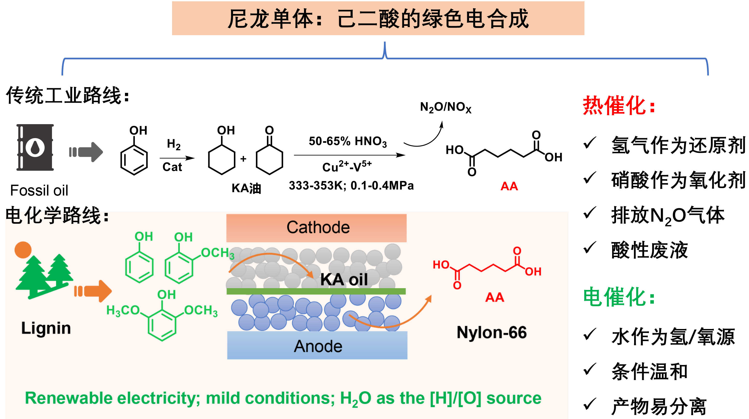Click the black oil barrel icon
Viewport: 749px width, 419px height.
[35, 147]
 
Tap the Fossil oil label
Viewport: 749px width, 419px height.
[39, 190]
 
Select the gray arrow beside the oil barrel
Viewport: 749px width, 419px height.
[86, 152]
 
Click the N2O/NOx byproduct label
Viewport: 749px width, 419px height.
[446, 108]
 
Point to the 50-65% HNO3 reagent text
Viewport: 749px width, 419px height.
[347, 141]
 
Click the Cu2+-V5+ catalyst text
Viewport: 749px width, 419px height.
[347, 167]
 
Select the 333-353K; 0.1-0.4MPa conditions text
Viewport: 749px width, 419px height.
[351, 185]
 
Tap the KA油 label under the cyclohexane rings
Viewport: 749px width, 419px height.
[246, 188]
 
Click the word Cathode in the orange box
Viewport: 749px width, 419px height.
[318, 227]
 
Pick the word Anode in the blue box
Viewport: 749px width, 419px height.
[318, 346]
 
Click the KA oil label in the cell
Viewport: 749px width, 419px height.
[344, 279]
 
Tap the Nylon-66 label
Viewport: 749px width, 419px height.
[491, 332]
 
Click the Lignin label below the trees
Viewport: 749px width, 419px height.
[46, 328]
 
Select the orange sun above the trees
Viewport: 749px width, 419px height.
[23, 250]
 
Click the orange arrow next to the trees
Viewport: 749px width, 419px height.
[93, 291]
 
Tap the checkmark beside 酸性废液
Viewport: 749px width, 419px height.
[589, 248]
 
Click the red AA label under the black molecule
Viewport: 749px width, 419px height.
[509, 186]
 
